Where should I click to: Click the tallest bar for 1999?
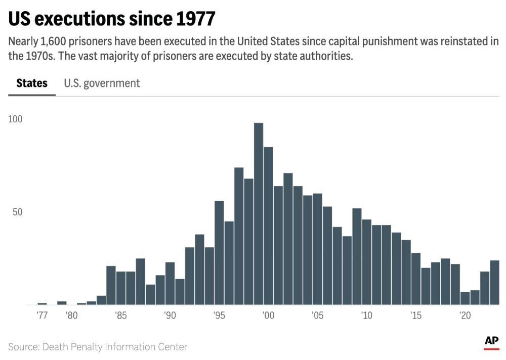259,212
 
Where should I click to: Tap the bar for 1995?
219,253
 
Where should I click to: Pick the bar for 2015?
416,279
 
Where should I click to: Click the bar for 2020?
465,298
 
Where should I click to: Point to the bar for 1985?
120,288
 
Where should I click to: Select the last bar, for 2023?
495,283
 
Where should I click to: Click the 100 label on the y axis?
16,119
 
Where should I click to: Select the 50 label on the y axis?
18,212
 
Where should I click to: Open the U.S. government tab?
102,83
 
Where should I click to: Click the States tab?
32,83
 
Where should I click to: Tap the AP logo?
491,341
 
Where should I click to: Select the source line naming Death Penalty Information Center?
98,347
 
